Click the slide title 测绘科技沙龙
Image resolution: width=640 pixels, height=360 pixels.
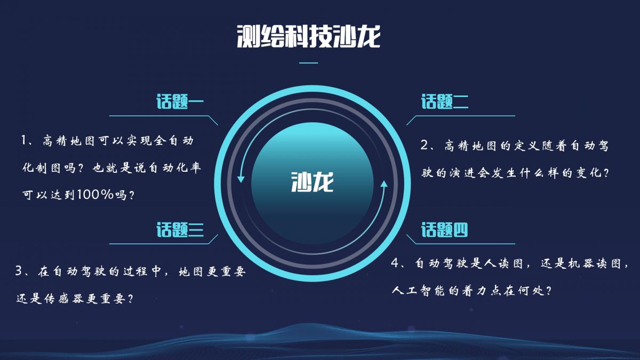click(x=309, y=37)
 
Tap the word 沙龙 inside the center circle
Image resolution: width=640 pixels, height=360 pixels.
click(x=313, y=182)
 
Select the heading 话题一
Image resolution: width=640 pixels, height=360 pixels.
click(x=180, y=101)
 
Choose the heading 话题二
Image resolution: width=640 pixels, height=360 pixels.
click(x=445, y=101)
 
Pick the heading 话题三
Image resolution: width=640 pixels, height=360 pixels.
click(x=180, y=229)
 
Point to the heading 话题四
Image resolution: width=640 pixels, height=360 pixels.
click(x=445, y=229)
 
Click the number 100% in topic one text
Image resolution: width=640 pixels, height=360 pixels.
click(x=95, y=195)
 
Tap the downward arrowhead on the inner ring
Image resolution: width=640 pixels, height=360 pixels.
click(x=241, y=179)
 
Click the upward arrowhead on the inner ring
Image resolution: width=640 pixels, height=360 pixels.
click(x=385, y=183)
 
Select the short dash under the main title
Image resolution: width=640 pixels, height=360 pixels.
click(x=309, y=62)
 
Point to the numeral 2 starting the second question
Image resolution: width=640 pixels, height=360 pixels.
click(x=425, y=145)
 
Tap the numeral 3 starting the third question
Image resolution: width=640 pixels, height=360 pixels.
click(x=19, y=270)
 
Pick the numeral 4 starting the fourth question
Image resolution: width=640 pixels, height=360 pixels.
click(x=395, y=262)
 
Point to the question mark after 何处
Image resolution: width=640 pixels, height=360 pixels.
click(x=548, y=291)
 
